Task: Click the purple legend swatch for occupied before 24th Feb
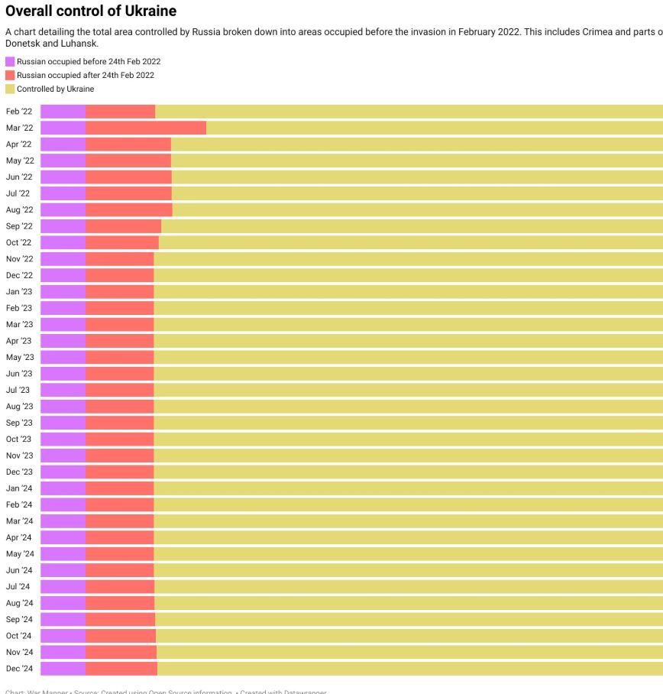(10, 61)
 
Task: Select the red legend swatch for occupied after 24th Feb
(10, 75)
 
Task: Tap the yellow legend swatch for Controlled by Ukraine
(10, 89)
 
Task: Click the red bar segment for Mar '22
(146, 128)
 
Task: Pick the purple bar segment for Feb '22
(63, 112)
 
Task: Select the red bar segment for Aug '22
(128, 209)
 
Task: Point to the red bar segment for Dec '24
(121, 669)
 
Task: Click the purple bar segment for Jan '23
(63, 291)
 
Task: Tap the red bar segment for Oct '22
(121, 242)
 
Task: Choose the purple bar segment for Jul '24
(63, 586)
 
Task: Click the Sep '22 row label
(19, 226)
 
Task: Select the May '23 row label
(20, 357)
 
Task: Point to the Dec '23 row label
(19, 472)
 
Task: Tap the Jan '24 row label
(19, 488)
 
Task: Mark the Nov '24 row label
(19, 652)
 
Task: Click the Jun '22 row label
(19, 177)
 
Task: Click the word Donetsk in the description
(21, 44)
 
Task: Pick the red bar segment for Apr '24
(119, 537)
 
